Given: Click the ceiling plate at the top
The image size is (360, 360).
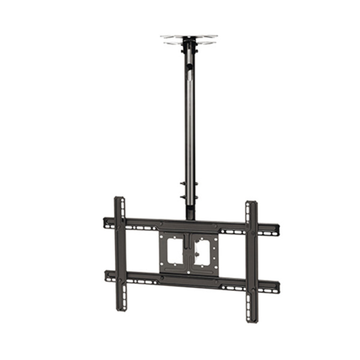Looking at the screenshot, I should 189,37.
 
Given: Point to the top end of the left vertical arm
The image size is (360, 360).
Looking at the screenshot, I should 119,199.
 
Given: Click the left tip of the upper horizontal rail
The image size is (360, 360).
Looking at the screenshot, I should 106,222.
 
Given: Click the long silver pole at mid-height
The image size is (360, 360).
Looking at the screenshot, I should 189,126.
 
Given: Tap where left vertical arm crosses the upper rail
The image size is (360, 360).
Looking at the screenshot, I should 120,223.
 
